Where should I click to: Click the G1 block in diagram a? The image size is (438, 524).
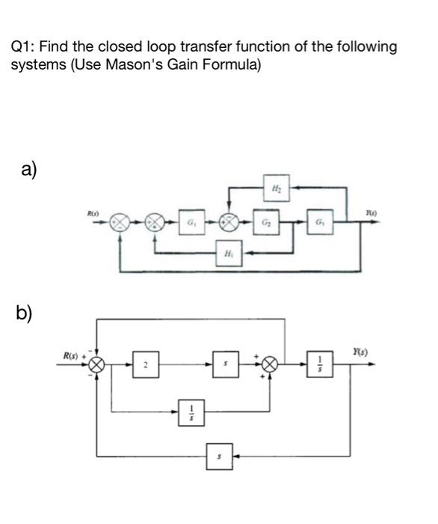(x=191, y=224)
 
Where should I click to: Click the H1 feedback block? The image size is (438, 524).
(x=226, y=254)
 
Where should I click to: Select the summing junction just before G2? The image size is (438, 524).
(x=231, y=224)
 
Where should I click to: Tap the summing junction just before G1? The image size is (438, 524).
(x=155, y=224)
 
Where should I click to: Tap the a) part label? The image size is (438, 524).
(x=28, y=170)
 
